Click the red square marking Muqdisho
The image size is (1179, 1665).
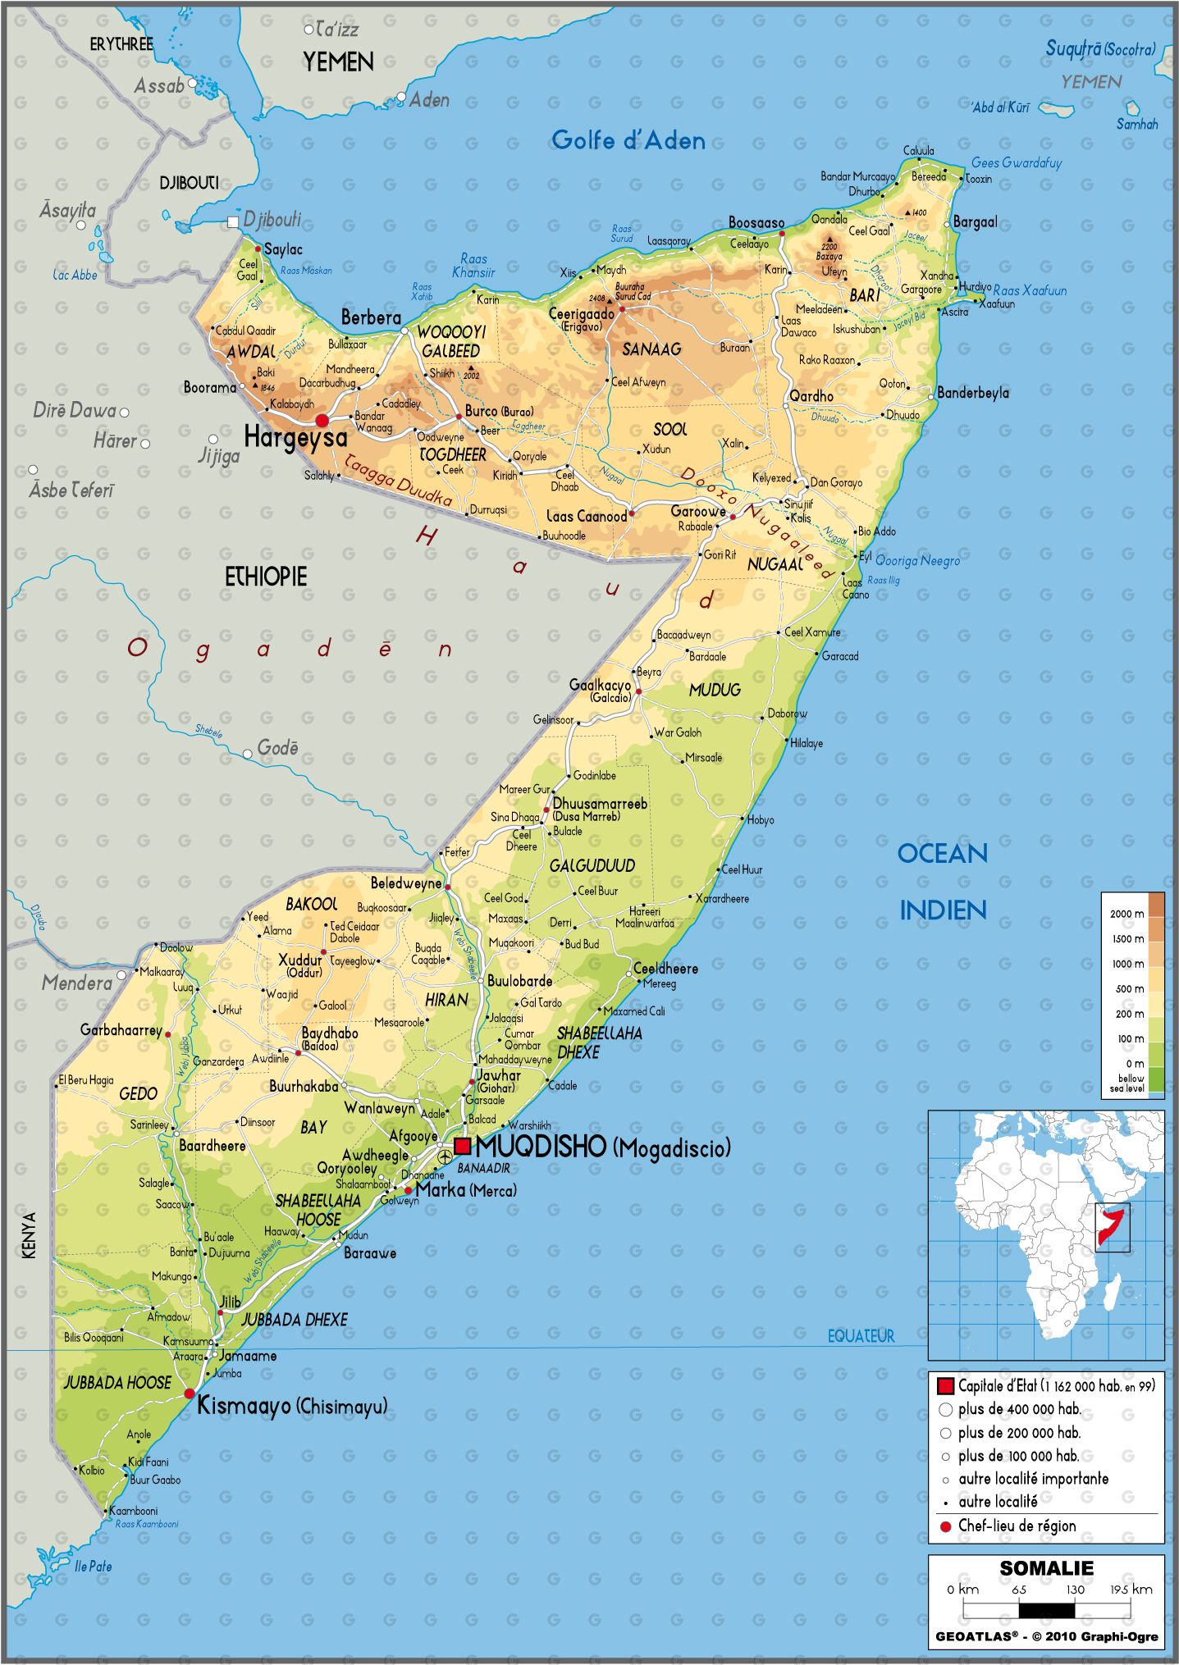[463, 1145]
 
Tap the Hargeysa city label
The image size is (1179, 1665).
[295, 438]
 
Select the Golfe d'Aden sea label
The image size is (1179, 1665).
[628, 140]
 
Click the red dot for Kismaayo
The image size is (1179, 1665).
[190, 1394]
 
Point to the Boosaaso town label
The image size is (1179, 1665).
[756, 222]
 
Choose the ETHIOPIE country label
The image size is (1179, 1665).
[266, 577]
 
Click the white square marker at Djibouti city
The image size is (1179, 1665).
[233, 221]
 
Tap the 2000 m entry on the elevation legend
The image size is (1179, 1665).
[1126, 914]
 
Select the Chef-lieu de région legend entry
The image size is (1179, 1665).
[1017, 1526]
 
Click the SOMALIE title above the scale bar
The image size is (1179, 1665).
[1046, 1568]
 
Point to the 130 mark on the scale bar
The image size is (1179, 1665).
[1075, 1590]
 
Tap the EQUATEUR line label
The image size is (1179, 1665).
[861, 1336]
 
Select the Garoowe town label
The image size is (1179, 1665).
[697, 512]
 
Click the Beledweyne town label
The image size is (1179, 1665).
[405, 883]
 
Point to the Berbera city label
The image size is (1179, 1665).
[371, 317]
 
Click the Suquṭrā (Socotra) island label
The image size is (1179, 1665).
[1099, 49]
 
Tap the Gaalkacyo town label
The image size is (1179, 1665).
[600, 685]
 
